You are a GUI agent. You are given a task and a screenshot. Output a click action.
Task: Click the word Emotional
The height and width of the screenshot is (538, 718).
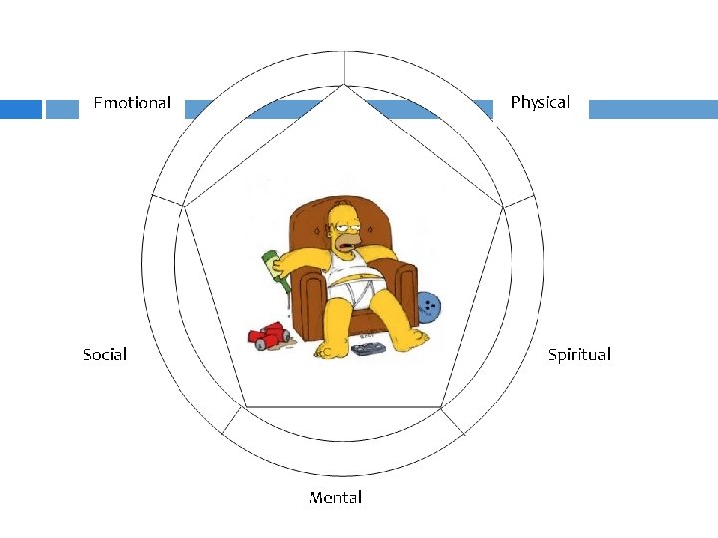click(131, 103)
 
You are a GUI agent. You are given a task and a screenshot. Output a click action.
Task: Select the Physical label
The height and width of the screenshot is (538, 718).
click(539, 102)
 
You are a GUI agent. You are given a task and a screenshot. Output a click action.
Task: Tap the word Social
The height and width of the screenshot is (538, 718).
click(105, 354)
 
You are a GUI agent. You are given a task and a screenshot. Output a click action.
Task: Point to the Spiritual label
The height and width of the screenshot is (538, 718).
click(579, 354)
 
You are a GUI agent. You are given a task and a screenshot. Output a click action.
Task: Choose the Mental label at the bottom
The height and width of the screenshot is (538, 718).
click(335, 497)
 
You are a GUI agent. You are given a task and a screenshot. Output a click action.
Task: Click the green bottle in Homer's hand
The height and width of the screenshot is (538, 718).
click(275, 270)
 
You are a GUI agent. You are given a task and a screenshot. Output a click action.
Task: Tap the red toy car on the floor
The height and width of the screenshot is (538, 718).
click(268, 337)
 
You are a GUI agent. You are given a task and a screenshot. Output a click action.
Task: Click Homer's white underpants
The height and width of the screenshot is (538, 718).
click(363, 292)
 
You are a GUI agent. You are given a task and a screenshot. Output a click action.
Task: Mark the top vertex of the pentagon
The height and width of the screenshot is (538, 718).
click(344, 86)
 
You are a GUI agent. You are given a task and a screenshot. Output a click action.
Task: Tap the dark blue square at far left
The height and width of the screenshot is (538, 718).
click(20, 109)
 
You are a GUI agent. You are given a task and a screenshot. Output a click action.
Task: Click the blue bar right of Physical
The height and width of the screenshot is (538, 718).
click(652, 109)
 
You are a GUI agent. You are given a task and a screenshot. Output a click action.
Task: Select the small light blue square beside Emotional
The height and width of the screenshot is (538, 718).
click(62, 109)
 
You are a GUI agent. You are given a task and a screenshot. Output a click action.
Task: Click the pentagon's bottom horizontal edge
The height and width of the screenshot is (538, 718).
click(344, 407)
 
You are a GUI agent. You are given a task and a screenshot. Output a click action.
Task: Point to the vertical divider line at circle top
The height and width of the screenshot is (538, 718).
click(344, 67)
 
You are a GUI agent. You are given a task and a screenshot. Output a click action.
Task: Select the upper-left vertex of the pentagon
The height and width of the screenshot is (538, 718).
click(186, 206)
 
